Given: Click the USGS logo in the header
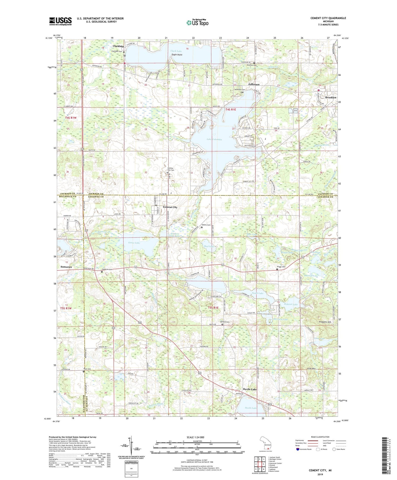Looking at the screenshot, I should tap(60, 21).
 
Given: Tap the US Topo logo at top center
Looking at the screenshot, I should tap(197, 23).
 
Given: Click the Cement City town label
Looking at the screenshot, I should tap(170, 207).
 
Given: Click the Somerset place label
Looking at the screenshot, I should tap(66, 267).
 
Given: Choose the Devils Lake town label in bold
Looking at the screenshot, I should tap(250, 389).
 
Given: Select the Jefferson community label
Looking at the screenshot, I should tap(254, 84).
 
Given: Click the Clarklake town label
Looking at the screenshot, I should tap(118, 46).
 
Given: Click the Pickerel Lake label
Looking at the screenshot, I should tap(291, 304).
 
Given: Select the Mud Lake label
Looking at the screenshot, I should tap(209, 246).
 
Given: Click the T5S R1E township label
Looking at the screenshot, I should tap(213, 308).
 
